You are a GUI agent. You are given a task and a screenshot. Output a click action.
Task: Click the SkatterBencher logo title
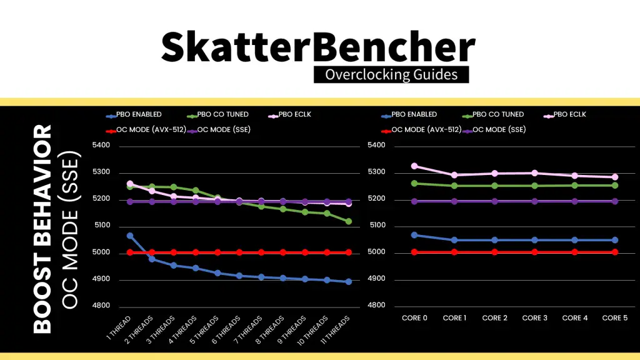318,46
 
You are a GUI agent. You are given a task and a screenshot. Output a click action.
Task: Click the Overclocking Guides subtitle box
391,74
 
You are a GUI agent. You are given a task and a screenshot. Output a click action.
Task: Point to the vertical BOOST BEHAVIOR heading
42,228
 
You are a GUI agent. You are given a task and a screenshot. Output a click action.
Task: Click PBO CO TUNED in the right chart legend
497,114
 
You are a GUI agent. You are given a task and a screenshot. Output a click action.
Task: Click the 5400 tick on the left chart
101,146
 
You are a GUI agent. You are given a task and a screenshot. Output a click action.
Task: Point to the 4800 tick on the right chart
376,306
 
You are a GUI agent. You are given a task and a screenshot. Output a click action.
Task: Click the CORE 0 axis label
414,318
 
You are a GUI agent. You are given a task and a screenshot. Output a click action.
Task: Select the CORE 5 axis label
614,318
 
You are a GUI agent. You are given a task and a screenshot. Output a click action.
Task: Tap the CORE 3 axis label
534,318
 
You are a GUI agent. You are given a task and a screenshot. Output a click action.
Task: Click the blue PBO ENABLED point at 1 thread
130,236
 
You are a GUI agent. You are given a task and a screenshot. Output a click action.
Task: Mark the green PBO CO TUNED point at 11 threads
349,221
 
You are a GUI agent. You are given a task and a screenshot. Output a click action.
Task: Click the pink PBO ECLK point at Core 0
414,166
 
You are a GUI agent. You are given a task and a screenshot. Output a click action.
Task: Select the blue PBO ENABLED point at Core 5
614,240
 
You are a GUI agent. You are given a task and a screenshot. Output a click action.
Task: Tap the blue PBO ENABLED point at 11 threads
349,282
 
